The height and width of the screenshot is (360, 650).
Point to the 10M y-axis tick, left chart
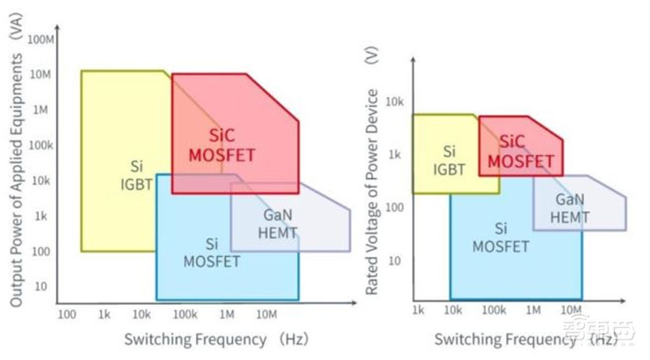click(41, 75)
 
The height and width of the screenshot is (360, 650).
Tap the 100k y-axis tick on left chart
click(40, 145)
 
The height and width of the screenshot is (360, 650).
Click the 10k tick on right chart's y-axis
click(394, 102)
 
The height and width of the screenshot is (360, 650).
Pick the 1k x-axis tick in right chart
click(418, 310)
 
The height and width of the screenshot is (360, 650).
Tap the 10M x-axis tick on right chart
click(571, 310)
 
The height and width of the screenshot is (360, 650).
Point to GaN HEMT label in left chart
click(281, 225)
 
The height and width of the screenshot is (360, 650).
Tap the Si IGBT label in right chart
click(448, 160)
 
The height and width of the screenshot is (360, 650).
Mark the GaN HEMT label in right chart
click(570, 207)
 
